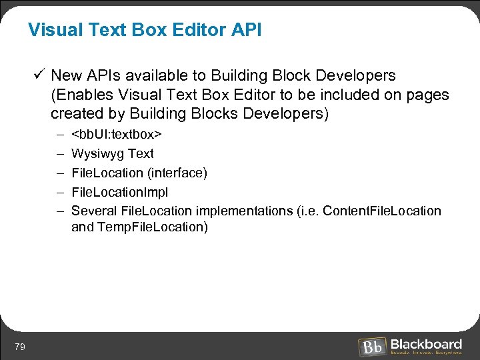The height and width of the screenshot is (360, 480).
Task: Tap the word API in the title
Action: [x=246, y=31]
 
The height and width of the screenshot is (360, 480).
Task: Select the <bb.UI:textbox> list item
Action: [x=117, y=135]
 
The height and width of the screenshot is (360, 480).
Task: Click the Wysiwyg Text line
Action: [x=112, y=154]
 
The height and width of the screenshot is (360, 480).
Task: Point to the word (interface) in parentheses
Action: [x=177, y=173]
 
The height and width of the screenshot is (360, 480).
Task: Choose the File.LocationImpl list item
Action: [x=119, y=192]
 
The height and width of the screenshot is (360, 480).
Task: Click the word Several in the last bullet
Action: [x=94, y=211]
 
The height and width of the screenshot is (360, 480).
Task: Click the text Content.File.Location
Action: [x=382, y=211]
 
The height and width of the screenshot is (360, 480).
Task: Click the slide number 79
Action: [x=20, y=347]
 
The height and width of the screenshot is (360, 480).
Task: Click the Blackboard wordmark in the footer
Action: [x=426, y=344]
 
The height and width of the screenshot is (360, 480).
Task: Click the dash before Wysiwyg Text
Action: [x=59, y=154]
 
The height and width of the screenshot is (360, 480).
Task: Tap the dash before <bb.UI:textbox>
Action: [x=59, y=135]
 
